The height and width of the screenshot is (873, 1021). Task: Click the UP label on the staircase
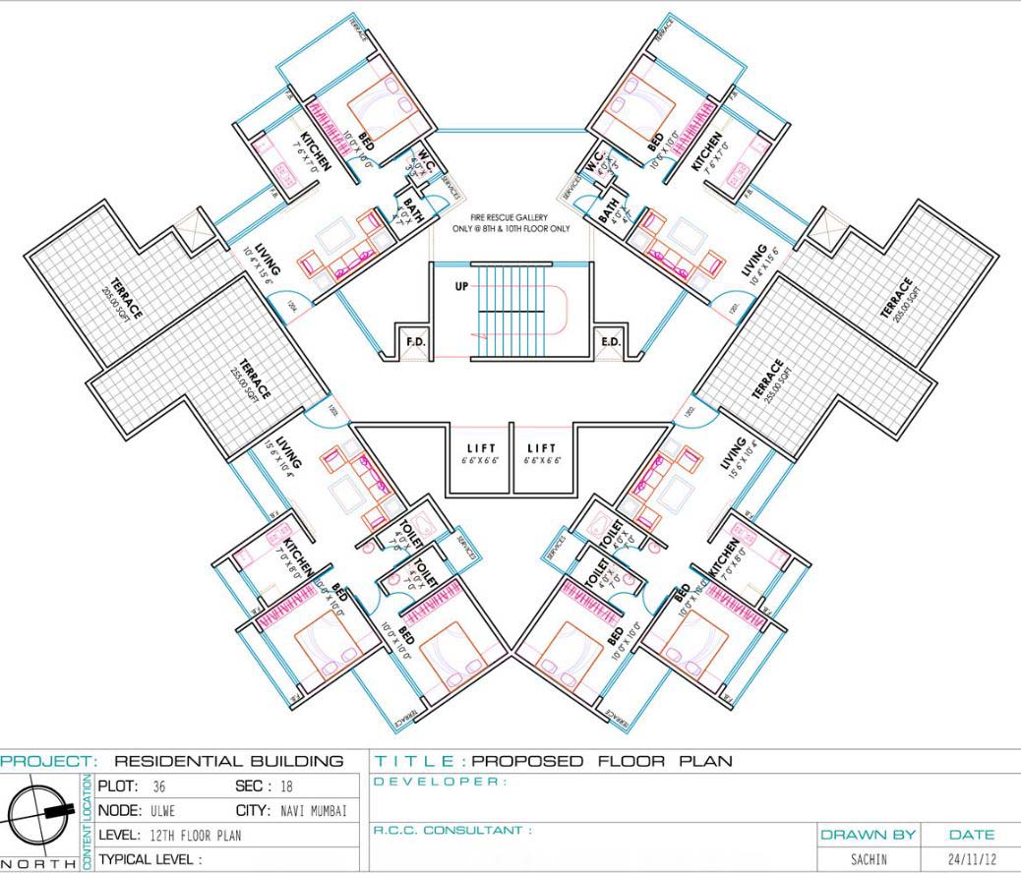coord(461,287)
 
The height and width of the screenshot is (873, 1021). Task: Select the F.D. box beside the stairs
coord(414,342)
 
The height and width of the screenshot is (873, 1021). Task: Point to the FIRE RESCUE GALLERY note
coord(510,223)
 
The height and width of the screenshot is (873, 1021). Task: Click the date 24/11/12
coord(969,859)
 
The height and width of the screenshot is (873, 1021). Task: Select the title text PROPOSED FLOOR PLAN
coord(602,761)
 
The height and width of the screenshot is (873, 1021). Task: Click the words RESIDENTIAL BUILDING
coord(229,761)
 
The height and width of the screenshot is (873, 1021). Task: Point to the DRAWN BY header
coord(868,834)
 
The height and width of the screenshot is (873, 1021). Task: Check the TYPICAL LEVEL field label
coord(149,858)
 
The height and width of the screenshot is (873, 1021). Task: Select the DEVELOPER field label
coord(441,782)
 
